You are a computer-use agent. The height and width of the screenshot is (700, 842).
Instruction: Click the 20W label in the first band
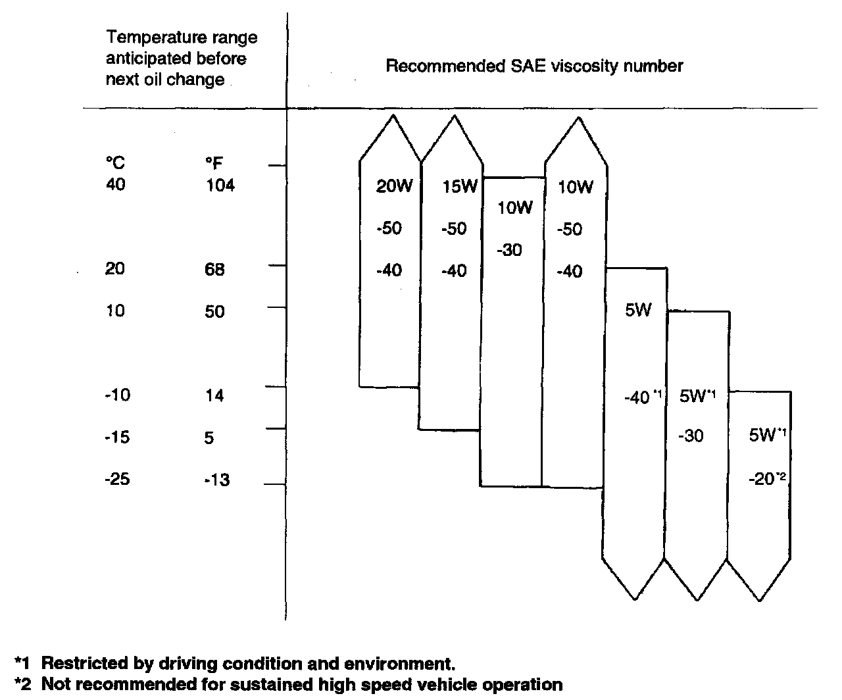[394, 187]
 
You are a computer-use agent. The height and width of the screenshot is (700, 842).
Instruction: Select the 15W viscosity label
[459, 187]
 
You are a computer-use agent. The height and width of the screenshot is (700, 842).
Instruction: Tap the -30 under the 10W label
[510, 250]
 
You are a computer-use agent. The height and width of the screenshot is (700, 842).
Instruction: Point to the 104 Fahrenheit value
[220, 185]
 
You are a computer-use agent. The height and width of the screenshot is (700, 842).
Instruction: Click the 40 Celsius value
[115, 185]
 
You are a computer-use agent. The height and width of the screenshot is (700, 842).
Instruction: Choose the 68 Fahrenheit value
[215, 269]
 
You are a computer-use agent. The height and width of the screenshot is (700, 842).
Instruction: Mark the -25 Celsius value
[117, 480]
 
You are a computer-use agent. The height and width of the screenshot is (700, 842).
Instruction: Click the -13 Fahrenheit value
[216, 480]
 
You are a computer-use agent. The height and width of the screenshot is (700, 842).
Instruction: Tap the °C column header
[115, 163]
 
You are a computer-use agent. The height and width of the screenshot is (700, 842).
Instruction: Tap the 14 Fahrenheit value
[214, 395]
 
